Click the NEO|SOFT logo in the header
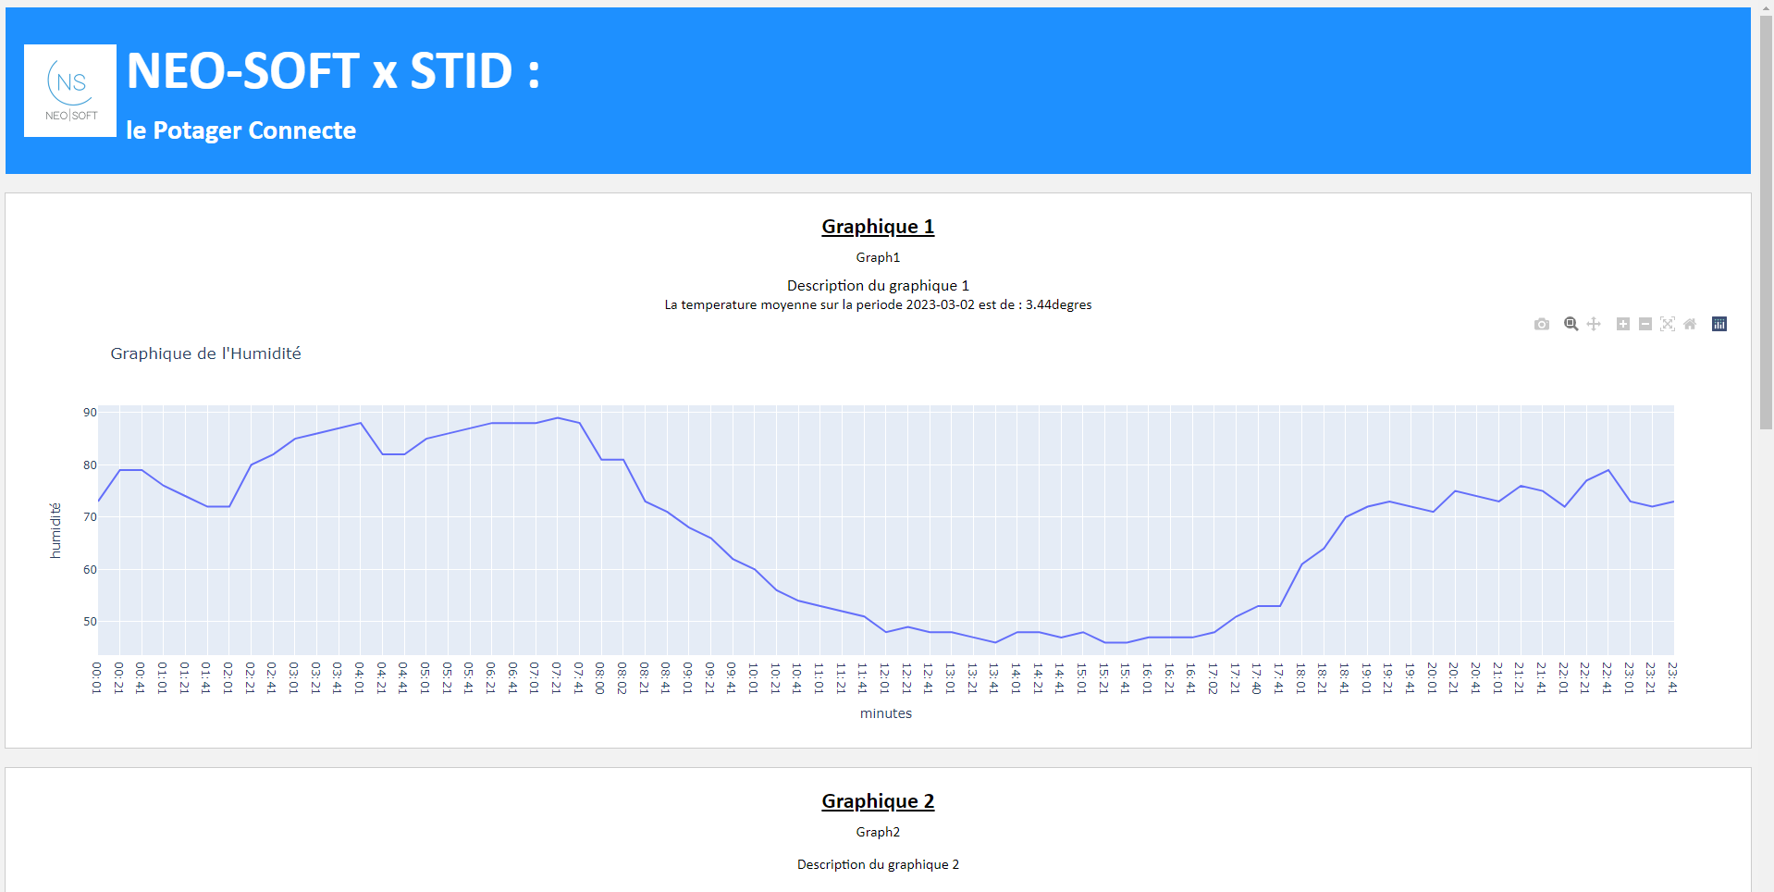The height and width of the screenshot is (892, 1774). (70, 91)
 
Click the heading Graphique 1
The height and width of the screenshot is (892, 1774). (878, 227)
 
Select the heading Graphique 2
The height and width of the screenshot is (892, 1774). (878, 801)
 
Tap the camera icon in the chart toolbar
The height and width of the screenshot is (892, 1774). (1541, 324)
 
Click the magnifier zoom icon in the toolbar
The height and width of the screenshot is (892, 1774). (1571, 324)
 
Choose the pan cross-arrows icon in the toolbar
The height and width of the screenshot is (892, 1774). (1594, 324)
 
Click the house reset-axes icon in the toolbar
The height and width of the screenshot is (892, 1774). (1690, 324)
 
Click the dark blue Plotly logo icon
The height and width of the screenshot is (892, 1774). (1719, 324)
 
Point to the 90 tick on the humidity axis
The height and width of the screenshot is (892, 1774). (90, 413)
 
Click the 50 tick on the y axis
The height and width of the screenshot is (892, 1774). (90, 622)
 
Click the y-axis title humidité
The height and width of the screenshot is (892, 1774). (55, 530)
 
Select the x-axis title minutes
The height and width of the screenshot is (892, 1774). (886, 713)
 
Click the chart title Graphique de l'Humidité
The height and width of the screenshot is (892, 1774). (205, 353)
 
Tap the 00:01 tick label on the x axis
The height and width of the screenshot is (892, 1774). (97, 677)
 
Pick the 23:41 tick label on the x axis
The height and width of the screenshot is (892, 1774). (1673, 677)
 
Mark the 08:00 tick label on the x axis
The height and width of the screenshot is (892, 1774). (600, 677)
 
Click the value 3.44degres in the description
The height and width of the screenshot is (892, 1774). (1058, 304)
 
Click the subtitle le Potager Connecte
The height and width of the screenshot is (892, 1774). (240, 130)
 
